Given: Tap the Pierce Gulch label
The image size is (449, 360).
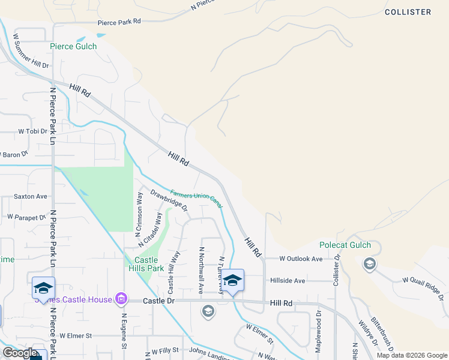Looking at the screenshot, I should click(x=73, y=46).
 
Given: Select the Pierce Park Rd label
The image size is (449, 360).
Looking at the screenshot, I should click(x=119, y=22).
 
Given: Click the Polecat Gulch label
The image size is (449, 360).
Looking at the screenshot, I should click(x=345, y=245).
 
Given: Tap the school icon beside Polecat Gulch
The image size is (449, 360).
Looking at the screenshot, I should click(x=370, y=263).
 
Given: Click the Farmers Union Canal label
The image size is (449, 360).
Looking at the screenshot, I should click(x=196, y=199).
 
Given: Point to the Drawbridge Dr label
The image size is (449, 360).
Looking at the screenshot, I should click(x=169, y=201).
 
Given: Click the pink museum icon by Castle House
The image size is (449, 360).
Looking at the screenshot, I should click(x=121, y=299).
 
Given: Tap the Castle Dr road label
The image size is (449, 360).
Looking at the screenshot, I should click(x=159, y=300).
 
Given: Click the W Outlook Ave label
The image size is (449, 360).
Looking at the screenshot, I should click(x=301, y=259).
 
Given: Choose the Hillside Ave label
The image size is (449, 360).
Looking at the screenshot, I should click(x=288, y=280).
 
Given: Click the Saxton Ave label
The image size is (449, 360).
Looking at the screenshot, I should click(x=30, y=196).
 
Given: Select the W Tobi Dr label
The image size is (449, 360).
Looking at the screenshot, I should click(x=32, y=131).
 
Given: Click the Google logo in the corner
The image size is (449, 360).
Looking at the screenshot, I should click(x=19, y=353).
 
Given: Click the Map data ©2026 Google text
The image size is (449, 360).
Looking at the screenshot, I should click(x=411, y=355).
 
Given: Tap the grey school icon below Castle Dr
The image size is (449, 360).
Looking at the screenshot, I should click(x=208, y=311).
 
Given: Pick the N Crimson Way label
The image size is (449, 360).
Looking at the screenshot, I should click(x=139, y=212).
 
